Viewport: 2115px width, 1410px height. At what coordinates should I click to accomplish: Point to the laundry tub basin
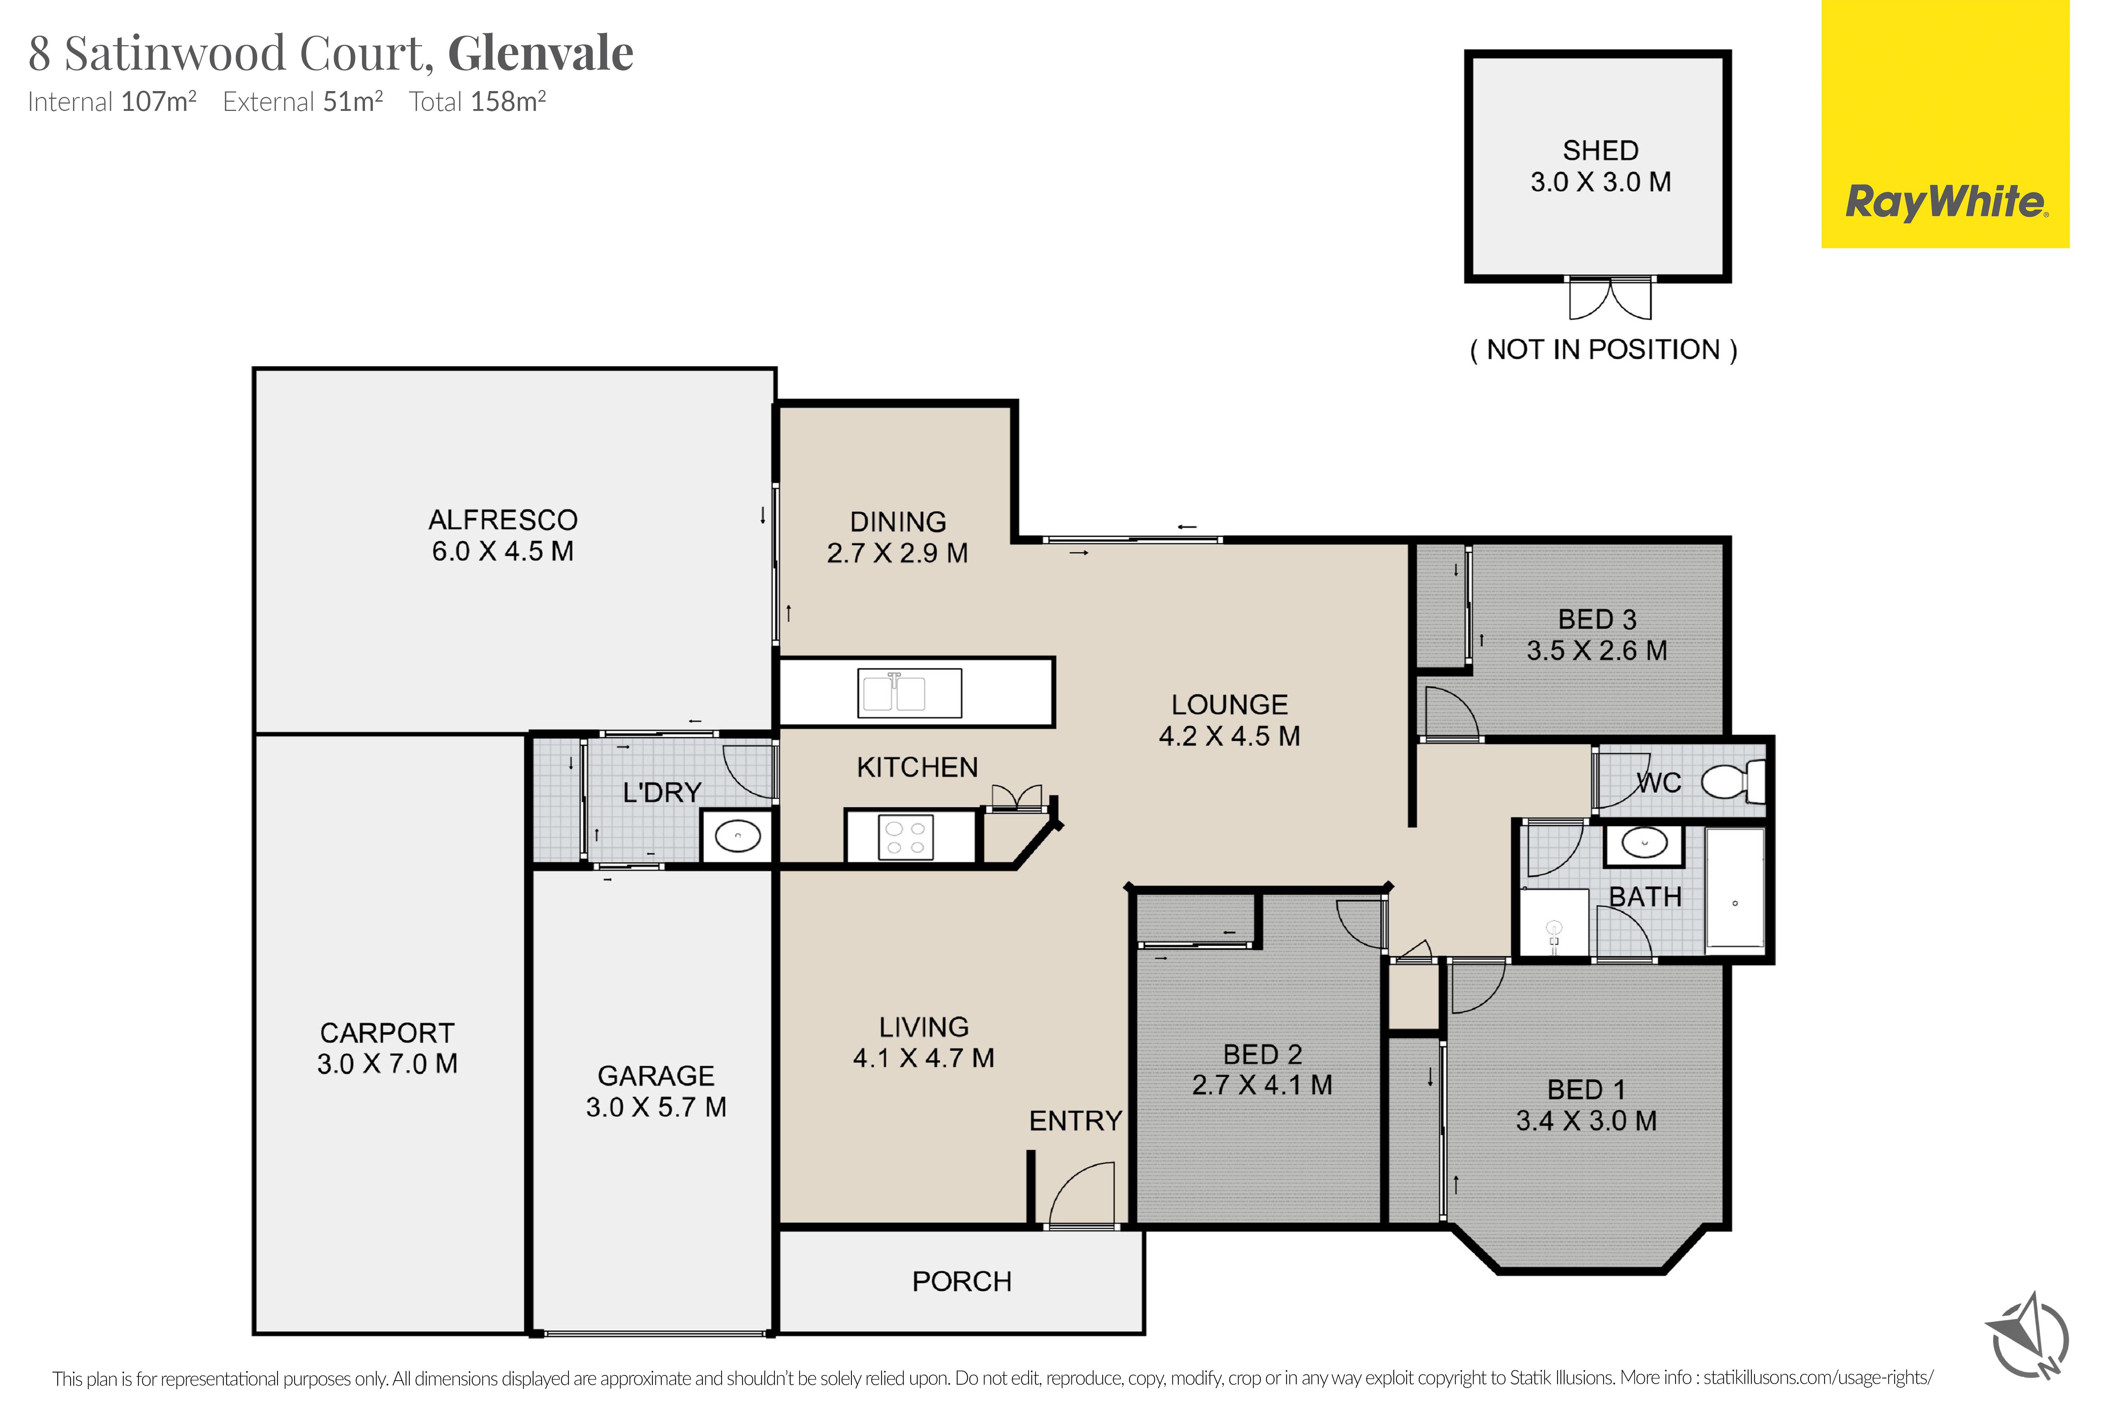click(737, 836)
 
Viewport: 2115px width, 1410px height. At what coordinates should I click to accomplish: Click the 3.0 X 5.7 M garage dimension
click(657, 1107)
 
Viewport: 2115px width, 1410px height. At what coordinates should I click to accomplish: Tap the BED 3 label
click(1597, 619)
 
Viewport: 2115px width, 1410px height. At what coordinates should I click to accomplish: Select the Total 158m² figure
click(477, 102)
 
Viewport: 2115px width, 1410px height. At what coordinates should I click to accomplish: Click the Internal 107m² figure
click(112, 102)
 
